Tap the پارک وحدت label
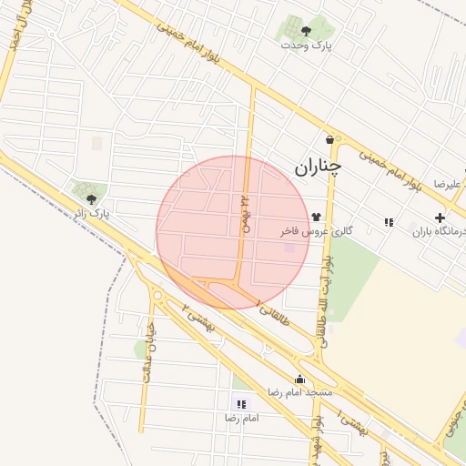point(306,45)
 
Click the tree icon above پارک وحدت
point(306,31)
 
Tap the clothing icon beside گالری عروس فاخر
point(316,217)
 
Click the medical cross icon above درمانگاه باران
point(441,218)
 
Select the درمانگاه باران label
point(440,232)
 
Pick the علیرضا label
point(447,184)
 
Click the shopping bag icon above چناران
point(329,141)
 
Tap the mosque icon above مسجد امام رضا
point(299,380)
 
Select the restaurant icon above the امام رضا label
point(241,404)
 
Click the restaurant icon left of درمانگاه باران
point(390,222)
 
